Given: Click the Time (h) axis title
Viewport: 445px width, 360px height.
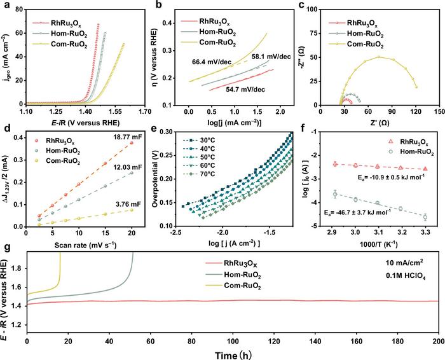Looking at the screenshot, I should pos(231,353).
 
